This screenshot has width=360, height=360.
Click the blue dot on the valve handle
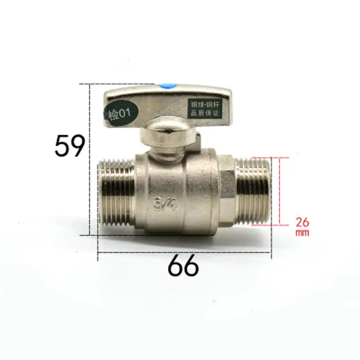(166, 86)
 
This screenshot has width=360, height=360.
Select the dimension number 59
(70, 146)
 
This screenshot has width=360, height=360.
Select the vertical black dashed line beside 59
(90, 160)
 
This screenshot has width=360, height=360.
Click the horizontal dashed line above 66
(184, 253)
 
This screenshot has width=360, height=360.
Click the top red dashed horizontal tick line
(280, 158)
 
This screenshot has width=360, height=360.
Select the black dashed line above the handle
(120, 84)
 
